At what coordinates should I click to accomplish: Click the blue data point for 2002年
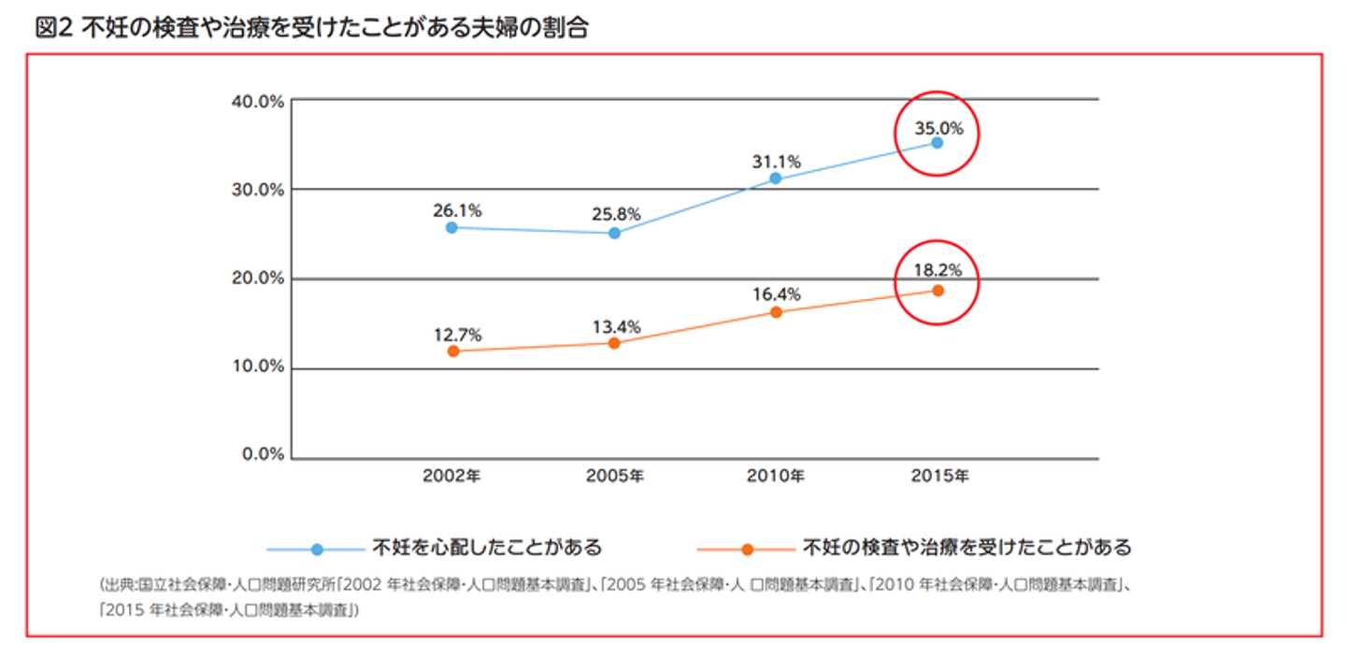click(451, 227)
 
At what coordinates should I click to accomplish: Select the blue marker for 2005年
click(614, 233)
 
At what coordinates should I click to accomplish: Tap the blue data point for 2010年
click(775, 179)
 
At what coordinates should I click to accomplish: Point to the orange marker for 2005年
click(614, 343)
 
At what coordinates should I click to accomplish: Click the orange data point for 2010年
click(775, 312)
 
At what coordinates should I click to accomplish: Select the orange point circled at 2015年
click(938, 291)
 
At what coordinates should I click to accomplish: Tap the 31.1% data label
click(776, 162)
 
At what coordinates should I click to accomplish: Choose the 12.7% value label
click(457, 334)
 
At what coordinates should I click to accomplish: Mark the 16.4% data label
click(778, 294)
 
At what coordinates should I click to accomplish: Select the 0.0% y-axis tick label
click(262, 454)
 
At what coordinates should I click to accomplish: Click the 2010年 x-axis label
click(775, 476)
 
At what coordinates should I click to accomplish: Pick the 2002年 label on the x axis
click(451, 476)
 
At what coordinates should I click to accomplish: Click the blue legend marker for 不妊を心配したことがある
click(317, 550)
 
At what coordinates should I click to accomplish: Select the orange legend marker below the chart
click(747, 550)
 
